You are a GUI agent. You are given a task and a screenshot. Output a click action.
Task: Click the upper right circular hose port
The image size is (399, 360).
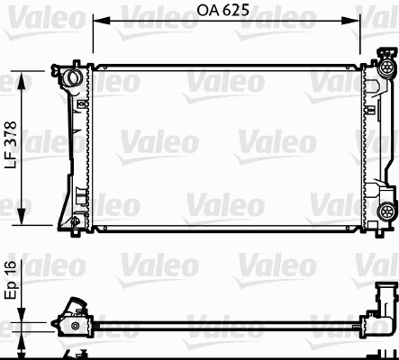coord(386,68)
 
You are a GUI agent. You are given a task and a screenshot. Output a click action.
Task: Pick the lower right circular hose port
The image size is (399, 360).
coord(386,211)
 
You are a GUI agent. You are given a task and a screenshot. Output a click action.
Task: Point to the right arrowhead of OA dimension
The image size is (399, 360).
coord(358,21)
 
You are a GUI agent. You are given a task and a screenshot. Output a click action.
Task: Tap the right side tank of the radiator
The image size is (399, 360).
coord(371,144)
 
